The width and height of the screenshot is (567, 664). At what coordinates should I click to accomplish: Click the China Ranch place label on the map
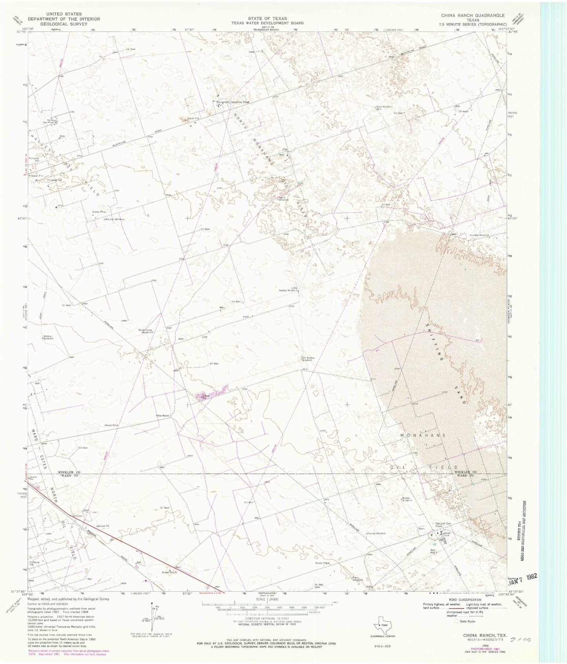[x=162, y=415]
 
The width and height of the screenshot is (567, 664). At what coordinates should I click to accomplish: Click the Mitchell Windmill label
[x=114, y=219]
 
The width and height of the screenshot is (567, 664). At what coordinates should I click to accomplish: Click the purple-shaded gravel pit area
[x=212, y=393]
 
